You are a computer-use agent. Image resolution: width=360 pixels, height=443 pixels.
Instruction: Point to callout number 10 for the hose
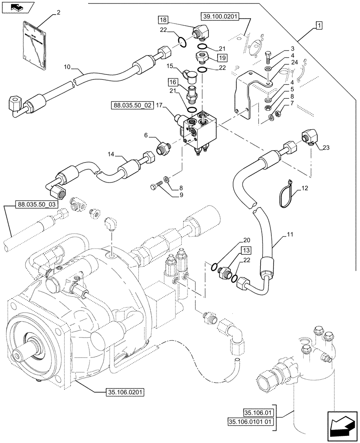pos(67,67)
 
